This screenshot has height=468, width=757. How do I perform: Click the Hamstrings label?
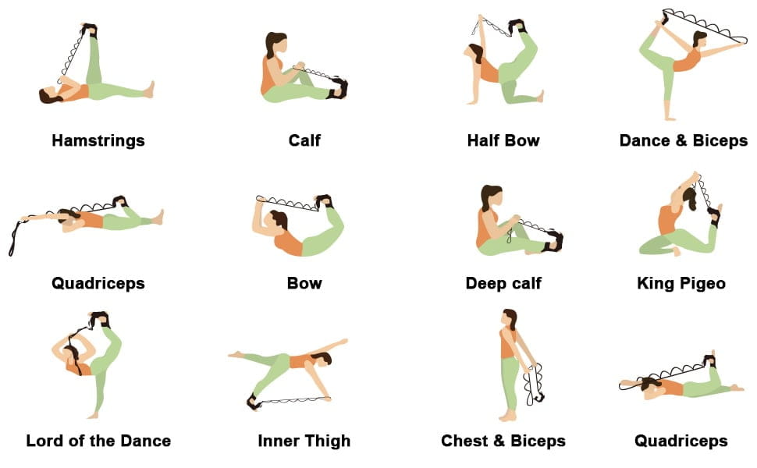point(98,140)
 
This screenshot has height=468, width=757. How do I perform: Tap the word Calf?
point(304,140)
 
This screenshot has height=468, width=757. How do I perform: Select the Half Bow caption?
point(503,140)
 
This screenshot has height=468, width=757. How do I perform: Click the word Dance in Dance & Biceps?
point(645,140)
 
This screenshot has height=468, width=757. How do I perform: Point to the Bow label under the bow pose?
point(304,282)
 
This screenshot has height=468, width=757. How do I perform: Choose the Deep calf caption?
point(503,283)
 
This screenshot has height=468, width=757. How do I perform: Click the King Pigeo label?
point(681,283)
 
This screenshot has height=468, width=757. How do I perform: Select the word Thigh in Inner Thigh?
point(327,441)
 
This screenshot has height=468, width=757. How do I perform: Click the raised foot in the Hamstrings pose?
point(89,30)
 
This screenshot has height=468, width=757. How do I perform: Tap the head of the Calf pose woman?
point(275,44)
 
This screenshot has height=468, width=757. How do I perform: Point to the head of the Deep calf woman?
point(492,197)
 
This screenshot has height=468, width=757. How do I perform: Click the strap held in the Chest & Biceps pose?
point(534,385)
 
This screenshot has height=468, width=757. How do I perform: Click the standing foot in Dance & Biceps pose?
point(670,117)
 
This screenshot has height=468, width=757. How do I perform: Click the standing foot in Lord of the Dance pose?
point(93,415)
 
